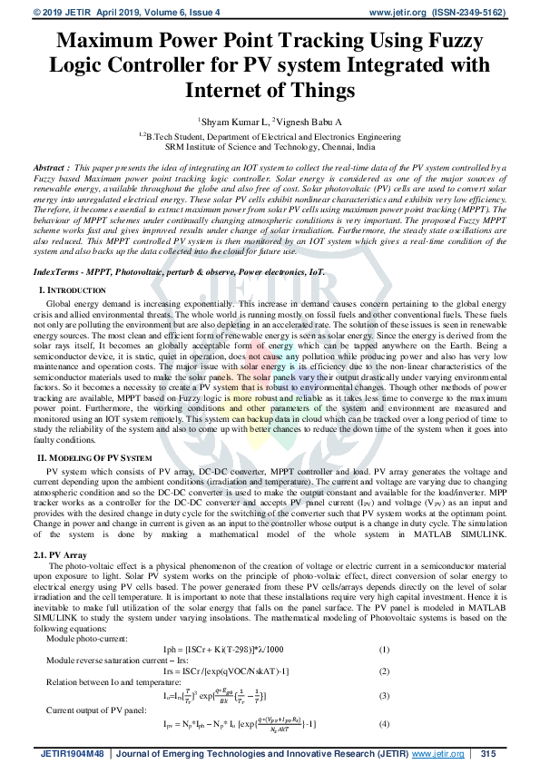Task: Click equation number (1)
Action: [384, 649]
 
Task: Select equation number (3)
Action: [384, 696]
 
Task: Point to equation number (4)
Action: [384, 726]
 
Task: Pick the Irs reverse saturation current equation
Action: [239, 671]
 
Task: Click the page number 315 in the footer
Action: [488, 753]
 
